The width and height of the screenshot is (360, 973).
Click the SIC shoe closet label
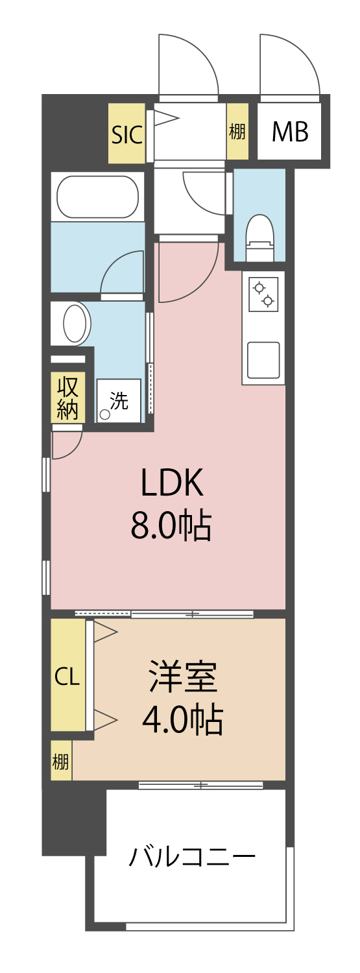126,134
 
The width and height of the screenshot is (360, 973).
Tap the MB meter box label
289,132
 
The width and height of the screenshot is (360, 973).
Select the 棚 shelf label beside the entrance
237,132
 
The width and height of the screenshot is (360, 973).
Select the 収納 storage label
67,398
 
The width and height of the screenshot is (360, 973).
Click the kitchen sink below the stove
263,360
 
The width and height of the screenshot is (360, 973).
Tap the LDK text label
173,483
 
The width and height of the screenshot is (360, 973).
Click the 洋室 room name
183,677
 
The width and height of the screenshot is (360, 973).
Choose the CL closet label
67,677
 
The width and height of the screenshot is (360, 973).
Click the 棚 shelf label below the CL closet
61,761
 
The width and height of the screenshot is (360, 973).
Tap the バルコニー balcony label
191,858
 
